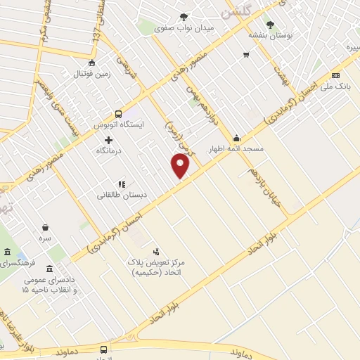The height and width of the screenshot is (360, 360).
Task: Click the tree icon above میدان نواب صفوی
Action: (x=184, y=16)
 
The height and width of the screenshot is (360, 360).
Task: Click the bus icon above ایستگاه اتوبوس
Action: (x=118, y=113)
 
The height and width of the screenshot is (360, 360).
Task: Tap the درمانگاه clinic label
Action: (x=108, y=151)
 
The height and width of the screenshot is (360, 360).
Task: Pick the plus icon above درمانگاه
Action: (x=108, y=140)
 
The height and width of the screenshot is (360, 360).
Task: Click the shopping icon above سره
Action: (x=46, y=227)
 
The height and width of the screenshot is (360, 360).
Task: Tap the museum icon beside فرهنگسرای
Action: (x=7, y=252)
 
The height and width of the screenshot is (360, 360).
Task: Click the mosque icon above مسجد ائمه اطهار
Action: (x=237, y=139)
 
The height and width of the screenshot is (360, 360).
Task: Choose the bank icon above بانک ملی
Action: (x=335, y=75)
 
